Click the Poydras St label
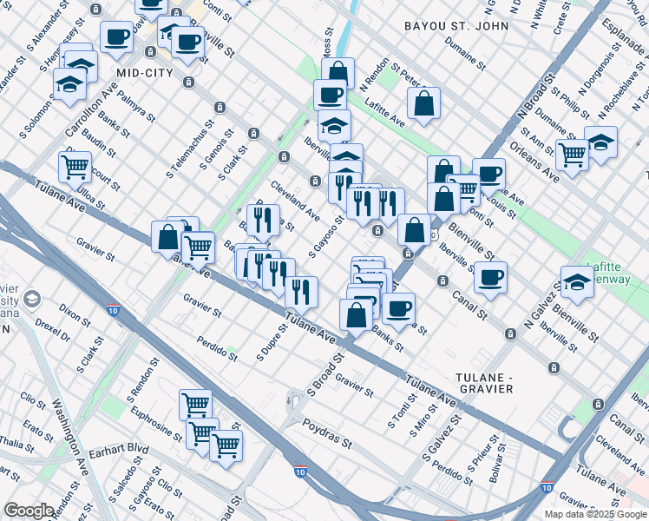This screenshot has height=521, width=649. [x=327, y=435]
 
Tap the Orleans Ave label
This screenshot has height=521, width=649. [x=540, y=163]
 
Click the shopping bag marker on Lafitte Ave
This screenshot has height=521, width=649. [x=423, y=103]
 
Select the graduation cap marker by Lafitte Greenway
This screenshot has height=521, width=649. [x=577, y=281]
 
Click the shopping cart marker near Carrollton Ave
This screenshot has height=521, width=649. [x=75, y=165]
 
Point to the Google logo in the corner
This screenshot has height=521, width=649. [x=29, y=511]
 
